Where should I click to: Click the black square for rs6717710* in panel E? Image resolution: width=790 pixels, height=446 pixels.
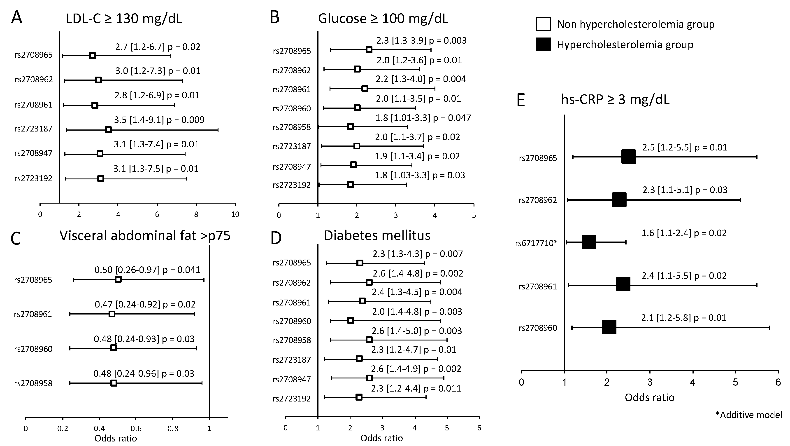coord(588,242)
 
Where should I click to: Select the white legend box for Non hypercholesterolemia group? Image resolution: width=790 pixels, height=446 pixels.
coord(543,24)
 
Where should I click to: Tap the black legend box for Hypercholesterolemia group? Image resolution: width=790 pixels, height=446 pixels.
coord(543,45)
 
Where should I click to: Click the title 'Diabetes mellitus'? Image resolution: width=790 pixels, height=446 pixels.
coord(377,235)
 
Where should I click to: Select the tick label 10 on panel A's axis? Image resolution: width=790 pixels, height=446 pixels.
coord(235,215)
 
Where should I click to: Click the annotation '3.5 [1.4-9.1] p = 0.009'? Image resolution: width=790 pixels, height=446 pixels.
coord(159,120)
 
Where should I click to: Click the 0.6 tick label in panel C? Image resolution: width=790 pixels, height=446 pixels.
coord(136,429)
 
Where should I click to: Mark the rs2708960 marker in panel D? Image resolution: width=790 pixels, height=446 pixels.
coord(351,320)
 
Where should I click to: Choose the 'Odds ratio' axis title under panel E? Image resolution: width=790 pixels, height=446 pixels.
coord(650,397)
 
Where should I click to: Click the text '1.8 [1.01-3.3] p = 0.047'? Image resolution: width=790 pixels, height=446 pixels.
coord(423,118)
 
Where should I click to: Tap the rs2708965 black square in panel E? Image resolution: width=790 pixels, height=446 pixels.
coord(628,157)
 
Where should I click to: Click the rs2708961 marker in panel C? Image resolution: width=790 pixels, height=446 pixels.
coord(112,314)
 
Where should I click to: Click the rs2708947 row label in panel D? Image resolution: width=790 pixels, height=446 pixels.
coord(291,379)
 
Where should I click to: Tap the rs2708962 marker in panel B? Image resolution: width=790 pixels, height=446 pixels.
coord(357,69)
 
